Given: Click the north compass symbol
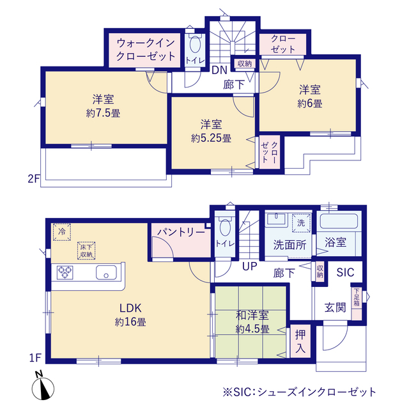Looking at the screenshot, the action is point(43,386).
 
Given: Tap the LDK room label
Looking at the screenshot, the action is point(130,308).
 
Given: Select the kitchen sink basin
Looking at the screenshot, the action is point(107,273).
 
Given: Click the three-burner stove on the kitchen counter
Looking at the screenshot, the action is point(65,273).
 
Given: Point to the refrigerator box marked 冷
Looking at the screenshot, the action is point(62,232).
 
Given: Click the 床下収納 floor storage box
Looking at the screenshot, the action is point(86,251).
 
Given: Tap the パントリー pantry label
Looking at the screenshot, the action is point(181,232).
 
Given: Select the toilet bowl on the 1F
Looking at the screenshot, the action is point(225,228).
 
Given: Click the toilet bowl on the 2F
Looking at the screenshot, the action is point(195,44).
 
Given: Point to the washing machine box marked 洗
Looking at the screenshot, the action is point(301,223).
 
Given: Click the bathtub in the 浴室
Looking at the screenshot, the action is point(339,222).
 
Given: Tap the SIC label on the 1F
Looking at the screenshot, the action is point(345,272).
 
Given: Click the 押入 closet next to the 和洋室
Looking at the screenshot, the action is point(300,341).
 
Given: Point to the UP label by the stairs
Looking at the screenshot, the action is point(250,266).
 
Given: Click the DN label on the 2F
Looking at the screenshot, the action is point(219,70).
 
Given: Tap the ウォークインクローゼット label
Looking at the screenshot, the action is point(146,49).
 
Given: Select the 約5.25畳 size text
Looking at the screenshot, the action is point(211,138).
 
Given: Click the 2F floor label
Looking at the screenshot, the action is point(34,179).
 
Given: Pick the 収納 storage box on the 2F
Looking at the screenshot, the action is point(244,63).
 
